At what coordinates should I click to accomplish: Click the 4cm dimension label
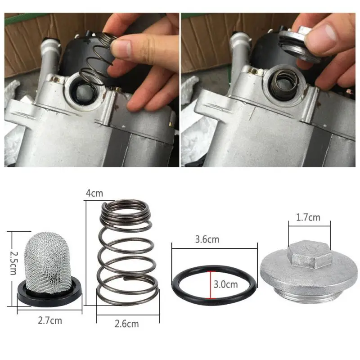pos(94,193)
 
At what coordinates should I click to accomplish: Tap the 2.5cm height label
pos(13,264)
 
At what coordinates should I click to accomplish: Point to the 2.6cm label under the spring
pos(126,323)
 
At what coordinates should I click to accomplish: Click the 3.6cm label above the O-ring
pos(207,239)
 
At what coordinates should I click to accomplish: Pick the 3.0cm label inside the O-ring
pos(225,284)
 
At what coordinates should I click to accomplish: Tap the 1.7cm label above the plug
pos(308,218)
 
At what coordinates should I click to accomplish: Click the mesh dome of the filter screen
pos(49,261)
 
